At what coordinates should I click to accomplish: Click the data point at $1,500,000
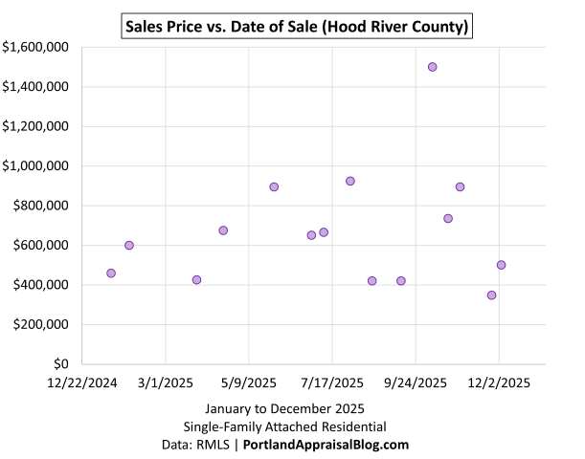point(432,67)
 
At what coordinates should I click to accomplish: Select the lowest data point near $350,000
point(491,295)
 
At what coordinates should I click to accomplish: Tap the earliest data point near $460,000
point(111,273)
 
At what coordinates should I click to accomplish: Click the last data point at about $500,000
point(501,265)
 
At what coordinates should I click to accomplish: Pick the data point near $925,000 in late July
point(350,181)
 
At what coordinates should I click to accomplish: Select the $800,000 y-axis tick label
point(39,206)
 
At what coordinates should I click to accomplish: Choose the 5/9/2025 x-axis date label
point(249,383)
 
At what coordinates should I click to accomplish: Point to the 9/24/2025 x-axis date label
point(416,383)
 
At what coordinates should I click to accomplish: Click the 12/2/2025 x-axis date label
point(499,383)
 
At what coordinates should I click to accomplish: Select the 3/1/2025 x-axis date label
point(166,383)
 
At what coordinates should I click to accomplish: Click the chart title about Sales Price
point(298,27)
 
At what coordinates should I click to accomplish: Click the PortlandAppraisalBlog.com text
point(326,445)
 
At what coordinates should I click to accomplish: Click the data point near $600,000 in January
point(129,246)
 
